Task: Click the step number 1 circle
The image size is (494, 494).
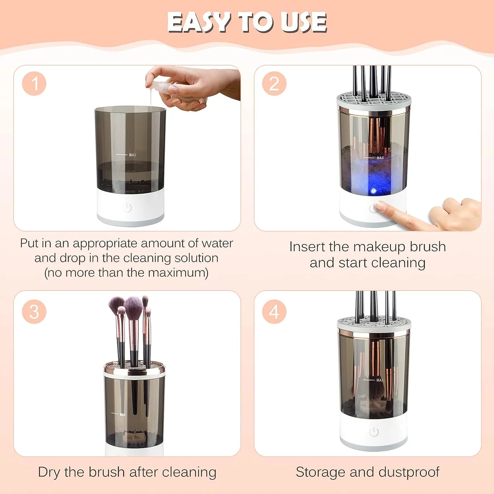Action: [x=34, y=84]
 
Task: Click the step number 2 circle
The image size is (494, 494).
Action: [x=274, y=84]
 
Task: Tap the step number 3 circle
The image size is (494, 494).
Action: [x=34, y=312]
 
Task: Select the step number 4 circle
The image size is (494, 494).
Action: [x=274, y=312]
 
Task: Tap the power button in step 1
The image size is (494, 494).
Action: [x=127, y=208]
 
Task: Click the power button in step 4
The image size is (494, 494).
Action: [x=374, y=432]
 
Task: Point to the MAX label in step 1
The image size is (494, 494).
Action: [x=132, y=155]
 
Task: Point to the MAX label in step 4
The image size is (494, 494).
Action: [x=380, y=380]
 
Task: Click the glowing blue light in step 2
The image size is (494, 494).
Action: [x=373, y=191]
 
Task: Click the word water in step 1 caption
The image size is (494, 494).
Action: [x=217, y=243]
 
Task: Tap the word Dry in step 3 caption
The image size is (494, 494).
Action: [x=49, y=472]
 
